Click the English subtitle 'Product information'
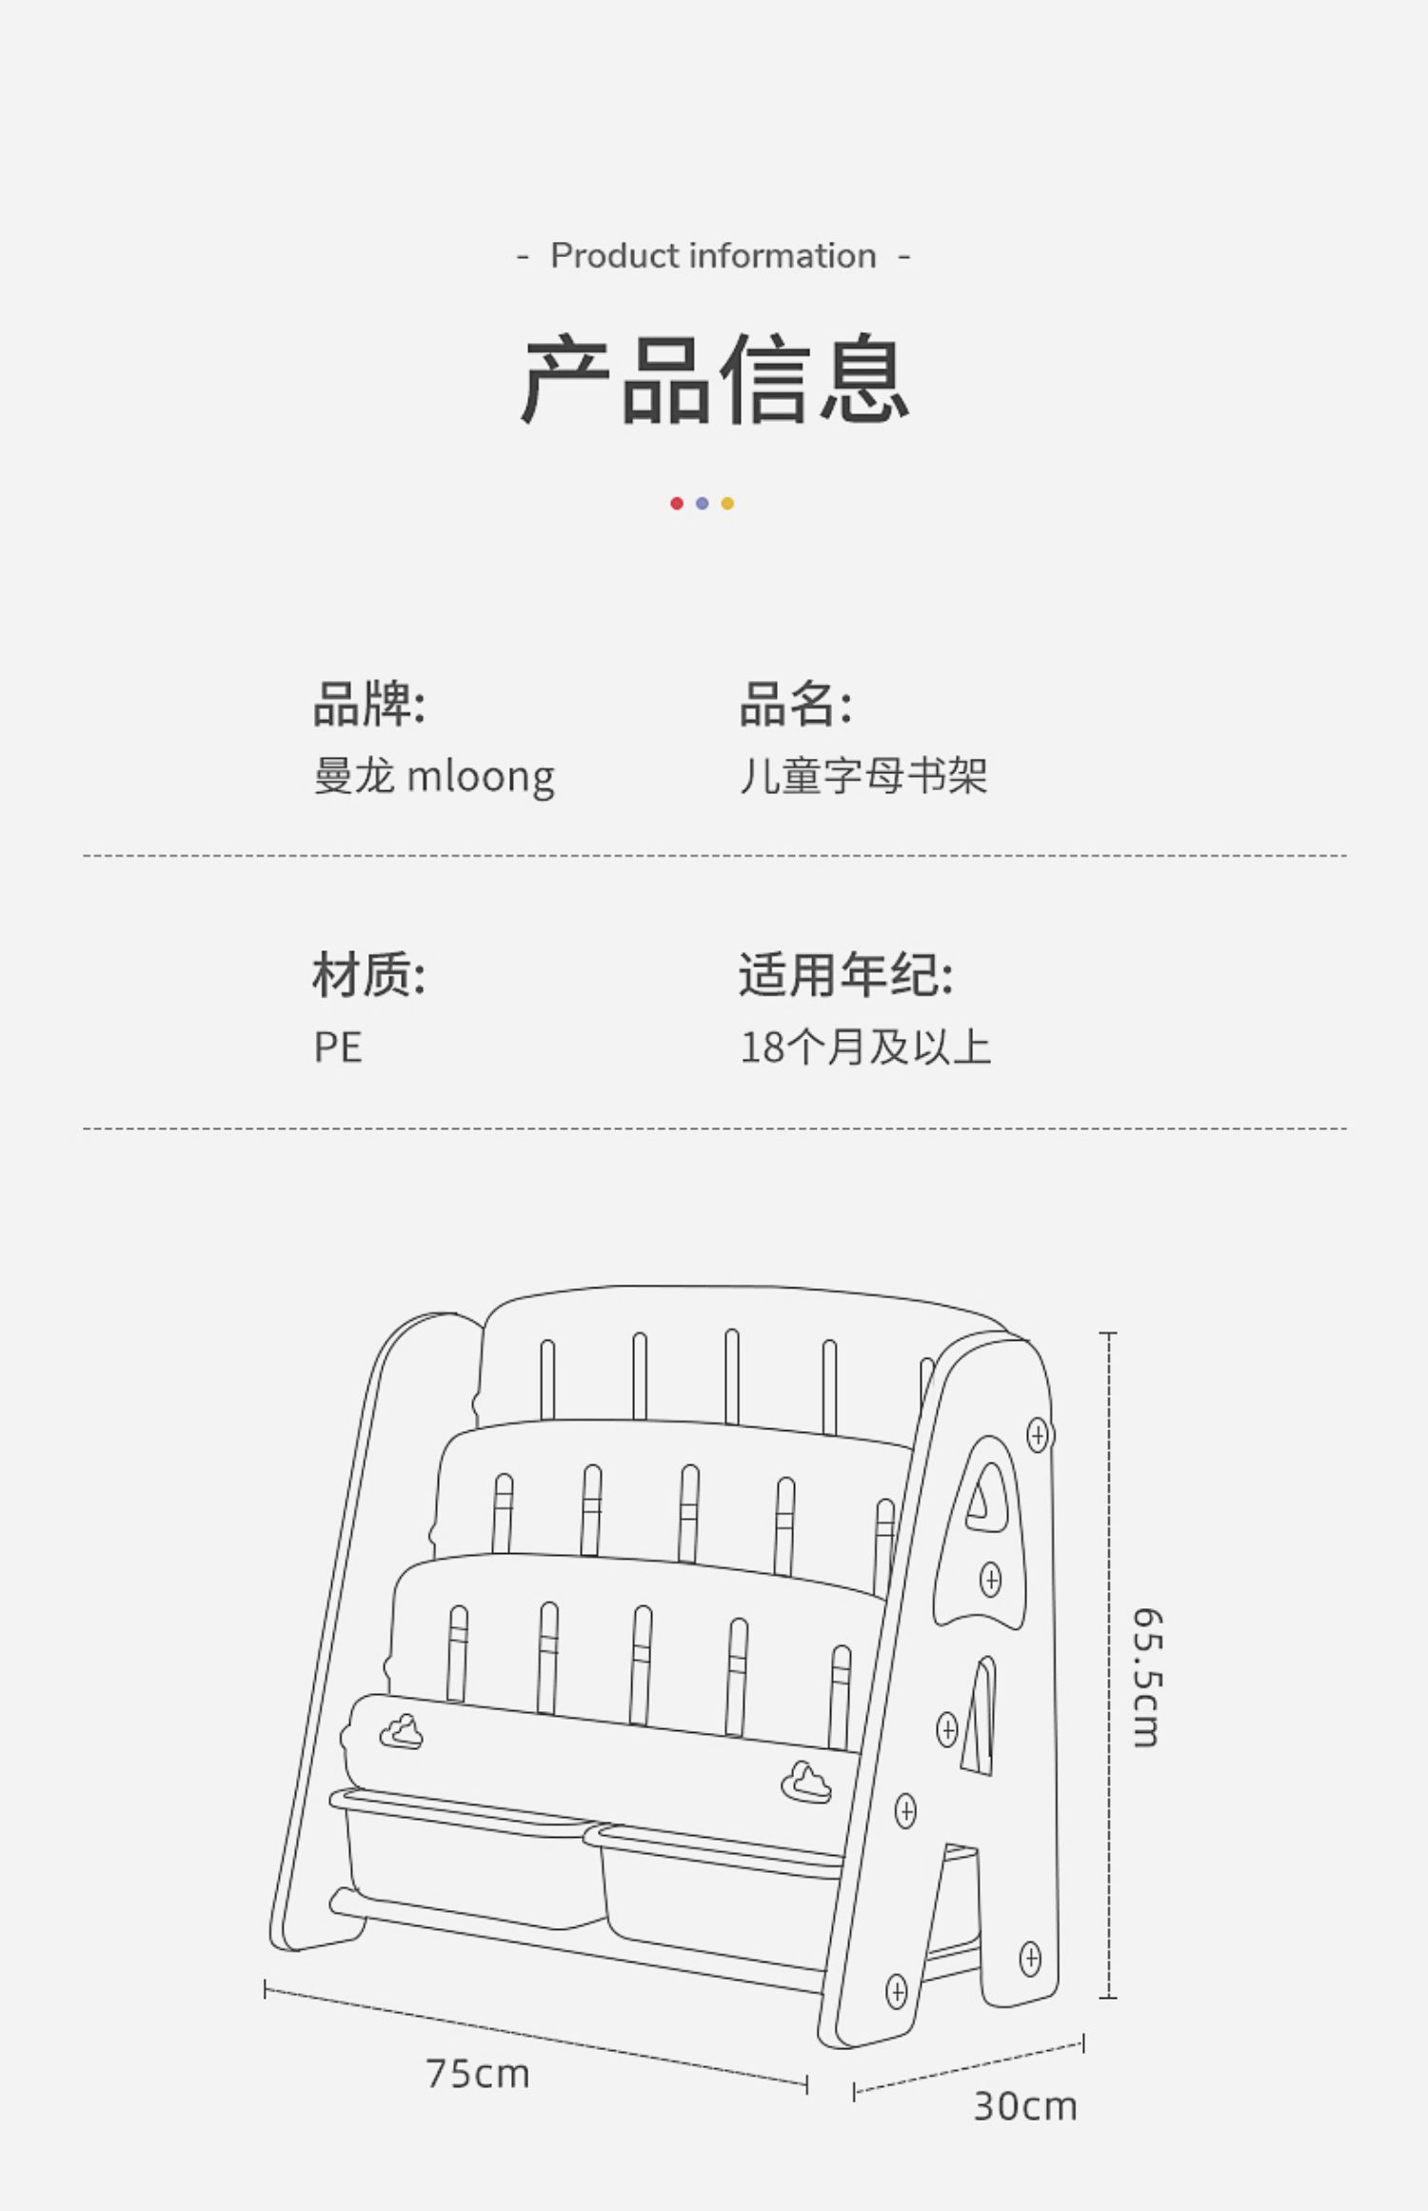point(713,256)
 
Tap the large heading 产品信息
point(714,379)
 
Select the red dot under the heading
point(677,504)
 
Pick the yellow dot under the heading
point(727,504)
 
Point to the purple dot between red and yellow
point(702,504)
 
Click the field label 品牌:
point(369,704)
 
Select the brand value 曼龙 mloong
point(434,777)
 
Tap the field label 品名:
point(796,704)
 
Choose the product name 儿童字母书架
point(863,777)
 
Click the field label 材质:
point(369,975)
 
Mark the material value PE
point(338,1048)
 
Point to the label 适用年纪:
point(845,975)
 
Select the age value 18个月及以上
point(865,1048)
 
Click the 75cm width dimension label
point(477,2074)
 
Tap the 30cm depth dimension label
point(1024,2106)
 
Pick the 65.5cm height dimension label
point(1147,1678)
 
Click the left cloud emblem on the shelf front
point(402,1731)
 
